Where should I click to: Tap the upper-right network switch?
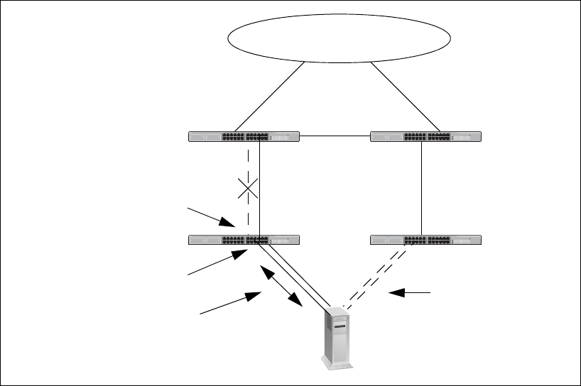click(x=426, y=136)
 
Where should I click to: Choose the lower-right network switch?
click(x=426, y=239)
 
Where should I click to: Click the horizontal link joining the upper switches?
click(x=335, y=136)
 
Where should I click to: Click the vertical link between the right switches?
click(x=422, y=187)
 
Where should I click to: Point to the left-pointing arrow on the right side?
click(x=412, y=292)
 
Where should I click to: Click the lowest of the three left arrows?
click(x=227, y=304)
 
